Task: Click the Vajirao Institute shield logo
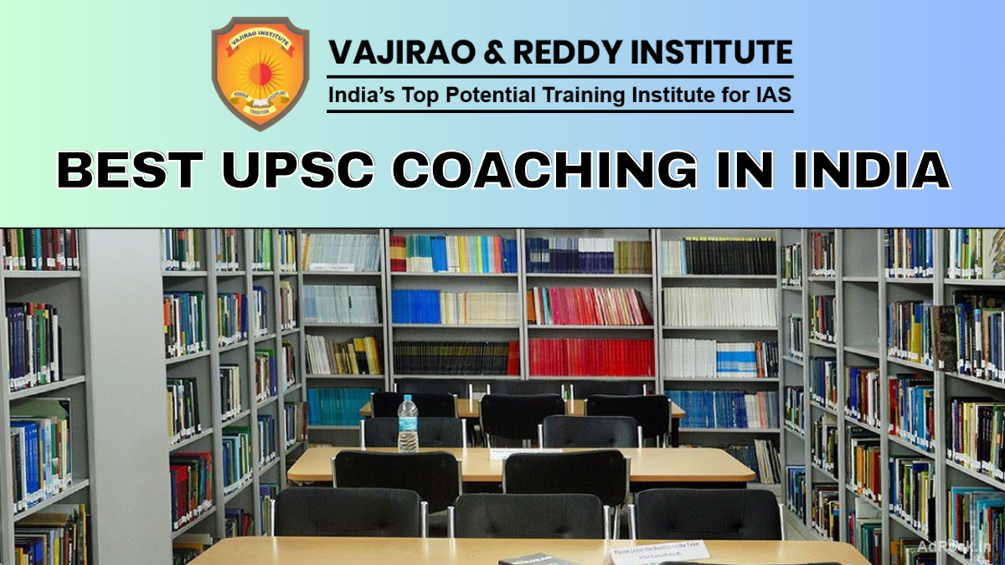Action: click(x=260, y=73)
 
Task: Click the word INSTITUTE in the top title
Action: click(x=717, y=52)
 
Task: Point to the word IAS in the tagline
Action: click(x=770, y=95)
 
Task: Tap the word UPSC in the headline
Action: click(x=290, y=170)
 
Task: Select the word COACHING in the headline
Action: click(x=544, y=170)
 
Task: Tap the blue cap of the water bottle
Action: click(x=408, y=399)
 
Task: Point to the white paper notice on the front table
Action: click(x=658, y=551)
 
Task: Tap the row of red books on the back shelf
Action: click(x=591, y=357)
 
